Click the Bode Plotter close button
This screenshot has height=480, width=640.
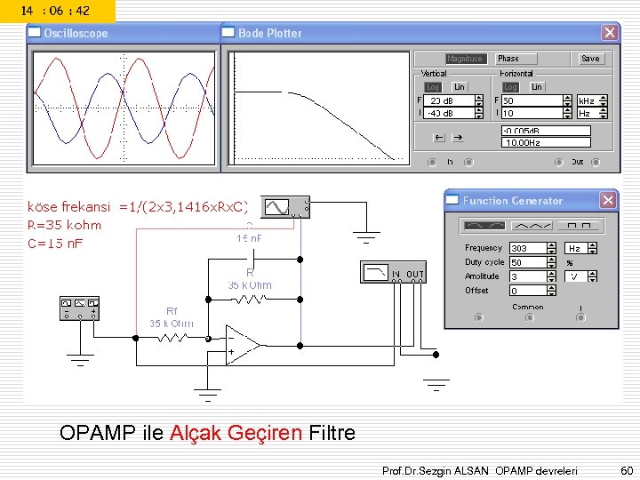(x=609, y=33)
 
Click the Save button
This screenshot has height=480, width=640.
(x=590, y=59)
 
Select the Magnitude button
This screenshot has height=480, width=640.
(x=464, y=59)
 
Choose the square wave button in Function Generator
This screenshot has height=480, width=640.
(x=585, y=225)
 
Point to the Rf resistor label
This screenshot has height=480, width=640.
(x=172, y=310)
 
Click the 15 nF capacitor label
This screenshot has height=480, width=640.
(x=250, y=239)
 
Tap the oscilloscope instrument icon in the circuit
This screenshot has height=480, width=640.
(x=289, y=207)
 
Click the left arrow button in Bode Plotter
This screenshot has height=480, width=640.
(x=438, y=138)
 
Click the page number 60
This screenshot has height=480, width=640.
(x=626, y=468)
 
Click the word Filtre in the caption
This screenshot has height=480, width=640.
(x=332, y=434)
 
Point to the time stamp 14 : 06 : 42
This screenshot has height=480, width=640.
(x=55, y=11)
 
